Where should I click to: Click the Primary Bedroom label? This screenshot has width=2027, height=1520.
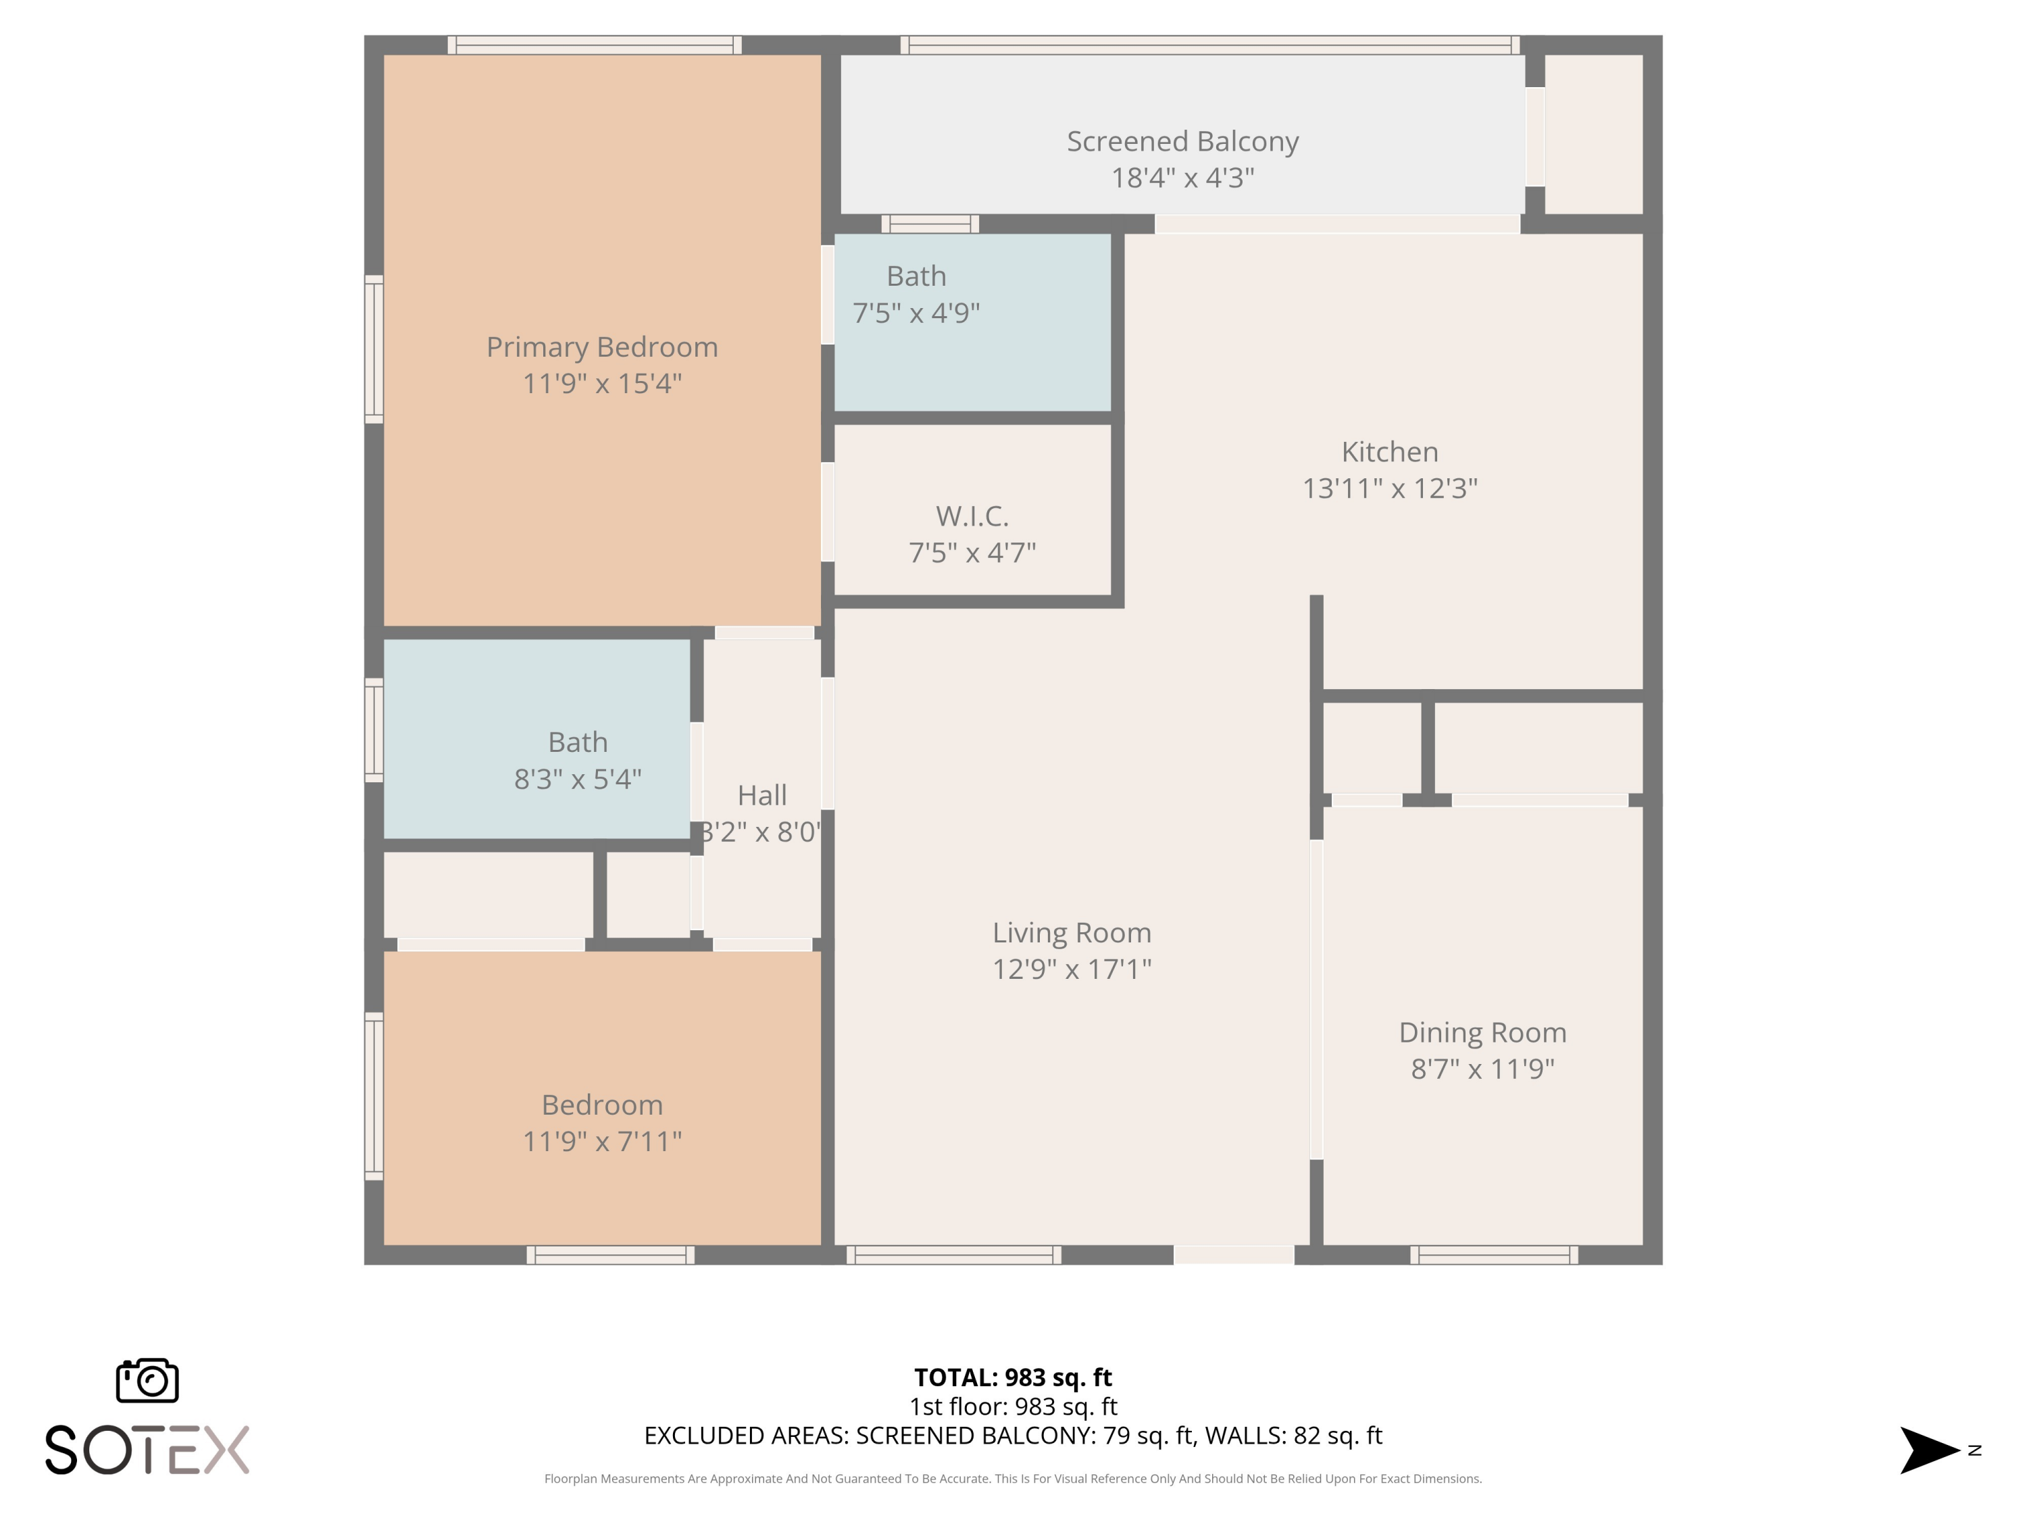(601, 347)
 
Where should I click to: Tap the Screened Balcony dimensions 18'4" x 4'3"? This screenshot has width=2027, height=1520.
(1182, 178)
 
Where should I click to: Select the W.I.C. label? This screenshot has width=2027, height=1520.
(972, 517)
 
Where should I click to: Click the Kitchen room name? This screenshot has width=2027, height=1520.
(1389, 452)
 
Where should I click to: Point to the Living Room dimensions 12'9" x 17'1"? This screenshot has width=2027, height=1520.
(1071, 969)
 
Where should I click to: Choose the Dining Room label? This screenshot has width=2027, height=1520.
(1482, 1032)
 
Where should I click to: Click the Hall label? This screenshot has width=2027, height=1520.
(761, 795)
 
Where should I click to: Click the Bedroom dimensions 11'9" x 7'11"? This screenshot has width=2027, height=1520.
(601, 1142)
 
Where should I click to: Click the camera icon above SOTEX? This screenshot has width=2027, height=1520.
(147, 1379)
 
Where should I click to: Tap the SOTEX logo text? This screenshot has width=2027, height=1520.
(147, 1450)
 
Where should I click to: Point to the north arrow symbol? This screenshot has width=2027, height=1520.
(1928, 1450)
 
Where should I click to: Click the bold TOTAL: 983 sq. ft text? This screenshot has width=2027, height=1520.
(1013, 1377)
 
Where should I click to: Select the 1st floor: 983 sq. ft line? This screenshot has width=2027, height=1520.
(1013, 1407)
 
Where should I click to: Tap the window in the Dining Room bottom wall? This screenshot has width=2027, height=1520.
(1494, 1255)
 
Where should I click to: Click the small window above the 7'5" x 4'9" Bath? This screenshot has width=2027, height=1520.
(930, 224)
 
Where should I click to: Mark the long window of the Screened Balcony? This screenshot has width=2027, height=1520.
(1209, 45)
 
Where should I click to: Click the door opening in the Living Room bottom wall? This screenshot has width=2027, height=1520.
(1234, 1255)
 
